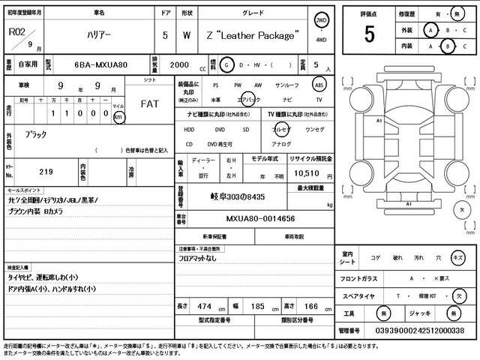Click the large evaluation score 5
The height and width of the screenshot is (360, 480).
(x=369, y=34)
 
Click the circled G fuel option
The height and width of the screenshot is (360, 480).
(x=229, y=65)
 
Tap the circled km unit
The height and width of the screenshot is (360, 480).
(x=118, y=117)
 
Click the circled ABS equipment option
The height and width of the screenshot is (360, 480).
(x=319, y=85)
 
